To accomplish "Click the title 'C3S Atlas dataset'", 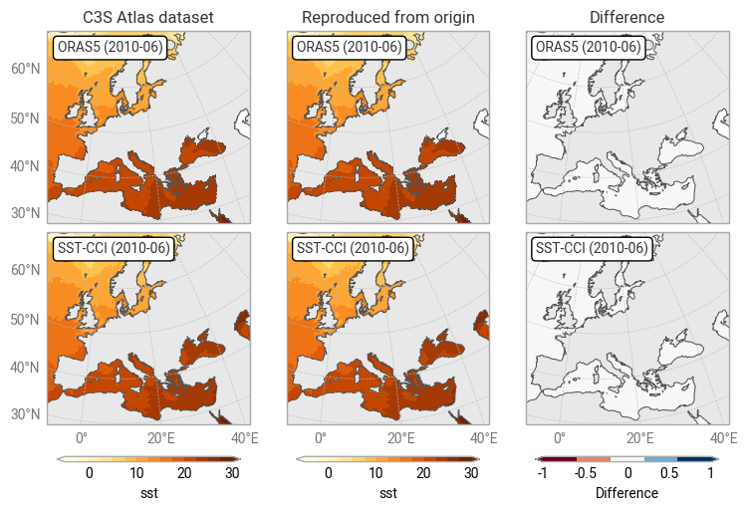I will click(147, 18).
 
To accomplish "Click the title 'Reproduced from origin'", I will click(387, 18).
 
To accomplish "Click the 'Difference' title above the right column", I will click(626, 18).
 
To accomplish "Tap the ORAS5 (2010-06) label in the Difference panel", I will click(588, 47).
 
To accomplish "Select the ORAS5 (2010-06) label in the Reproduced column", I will click(349, 47).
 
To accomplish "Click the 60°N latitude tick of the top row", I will click(25, 69).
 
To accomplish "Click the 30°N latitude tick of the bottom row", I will click(25, 414).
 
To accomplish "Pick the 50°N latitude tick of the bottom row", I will click(25, 320).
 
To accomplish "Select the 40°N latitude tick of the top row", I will click(25, 165).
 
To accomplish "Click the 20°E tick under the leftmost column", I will click(161, 437).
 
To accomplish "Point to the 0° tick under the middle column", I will click(321, 437).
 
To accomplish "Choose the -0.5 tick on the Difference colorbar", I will click(586, 473).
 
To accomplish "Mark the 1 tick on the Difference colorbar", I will click(711, 473).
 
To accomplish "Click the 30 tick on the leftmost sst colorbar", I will click(232, 473).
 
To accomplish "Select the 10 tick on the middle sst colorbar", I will click(375, 473).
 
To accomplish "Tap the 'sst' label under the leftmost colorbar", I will click(148, 493).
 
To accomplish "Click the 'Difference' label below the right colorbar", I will click(626, 493).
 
